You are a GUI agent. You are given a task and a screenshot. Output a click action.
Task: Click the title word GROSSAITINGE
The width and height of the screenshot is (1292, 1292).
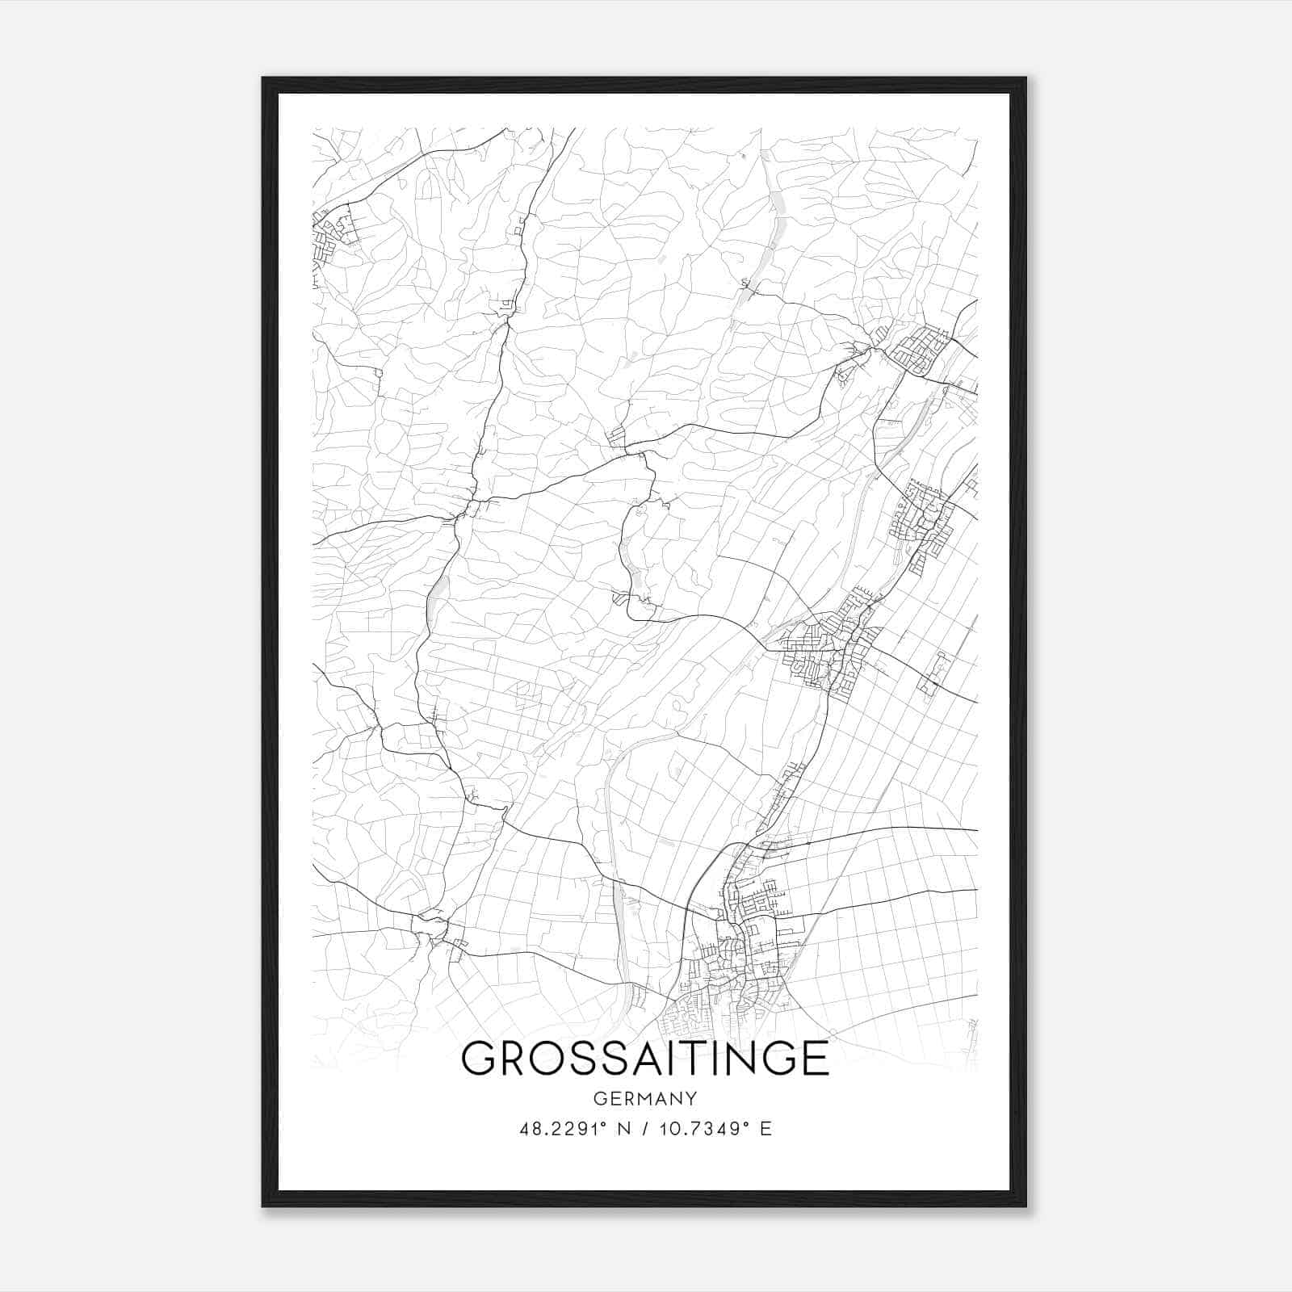click(x=644, y=1059)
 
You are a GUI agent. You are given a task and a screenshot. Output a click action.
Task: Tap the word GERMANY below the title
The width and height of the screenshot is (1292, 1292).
click(x=644, y=1098)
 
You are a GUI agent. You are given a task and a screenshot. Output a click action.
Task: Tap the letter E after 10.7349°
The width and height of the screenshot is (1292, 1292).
click(x=766, y=1129)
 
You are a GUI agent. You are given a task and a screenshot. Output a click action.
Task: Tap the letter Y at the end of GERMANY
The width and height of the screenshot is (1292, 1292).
click(x=691, y=1098)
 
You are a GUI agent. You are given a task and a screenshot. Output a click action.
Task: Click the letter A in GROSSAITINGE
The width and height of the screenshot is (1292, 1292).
click(x=633, y=1059)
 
